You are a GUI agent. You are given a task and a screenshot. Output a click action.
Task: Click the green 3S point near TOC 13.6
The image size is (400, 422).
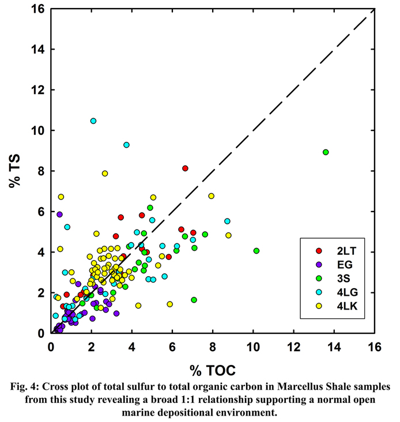[x=326, y=152]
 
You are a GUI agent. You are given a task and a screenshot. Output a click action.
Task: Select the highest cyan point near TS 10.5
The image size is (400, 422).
[x=93, y=121]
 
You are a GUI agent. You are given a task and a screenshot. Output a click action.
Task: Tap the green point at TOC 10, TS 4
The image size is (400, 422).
[x=256, y=251]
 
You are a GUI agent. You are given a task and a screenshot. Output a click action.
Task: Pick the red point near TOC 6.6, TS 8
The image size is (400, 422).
[x=185, y=168]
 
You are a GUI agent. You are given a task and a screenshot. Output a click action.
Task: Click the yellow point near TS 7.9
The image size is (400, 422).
[x=105, y=174]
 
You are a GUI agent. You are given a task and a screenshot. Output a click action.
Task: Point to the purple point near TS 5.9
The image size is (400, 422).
[x=59, y=214]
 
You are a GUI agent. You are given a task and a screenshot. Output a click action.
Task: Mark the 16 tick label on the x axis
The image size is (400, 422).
[x=375, y=346]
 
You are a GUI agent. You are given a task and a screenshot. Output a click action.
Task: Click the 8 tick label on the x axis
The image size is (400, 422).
[x=213, y=346]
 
